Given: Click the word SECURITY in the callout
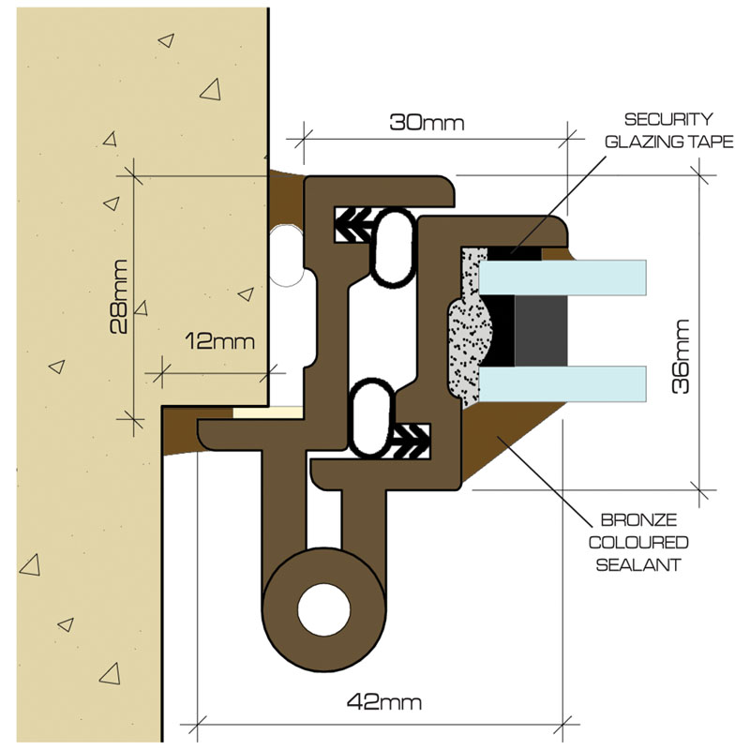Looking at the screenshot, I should [x=668, y=120].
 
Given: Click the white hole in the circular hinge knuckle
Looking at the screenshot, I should [x=323, y=609].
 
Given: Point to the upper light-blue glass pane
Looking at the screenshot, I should [x=562, y=277].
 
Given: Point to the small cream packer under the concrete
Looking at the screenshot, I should [x=267, y=411].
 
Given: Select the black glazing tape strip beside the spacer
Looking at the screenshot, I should [x=501, y=330].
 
